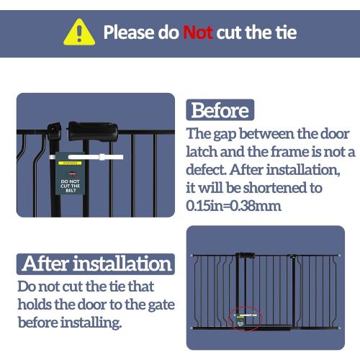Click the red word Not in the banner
coord(197,32)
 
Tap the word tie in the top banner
coord(283,32)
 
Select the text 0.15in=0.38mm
coord(234,206)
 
